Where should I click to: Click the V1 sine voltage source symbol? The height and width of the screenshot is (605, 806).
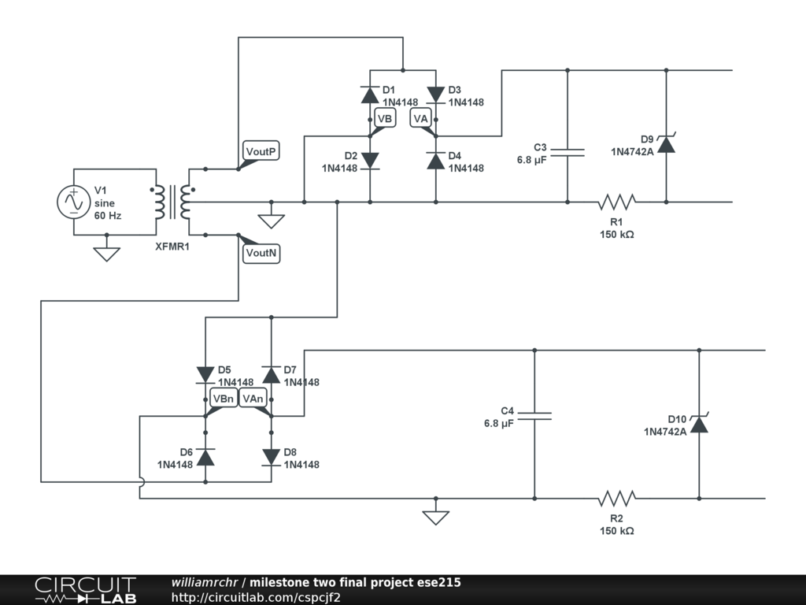(x=73, y=202)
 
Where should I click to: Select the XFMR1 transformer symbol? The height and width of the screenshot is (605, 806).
(x=172, y=202)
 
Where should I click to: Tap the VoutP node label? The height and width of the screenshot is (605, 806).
(x=261, y=151)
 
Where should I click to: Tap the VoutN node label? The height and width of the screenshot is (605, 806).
(x=261, y=253)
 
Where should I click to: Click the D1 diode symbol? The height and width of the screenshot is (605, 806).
(x=370, y=95)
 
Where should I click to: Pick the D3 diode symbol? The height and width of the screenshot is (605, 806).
(x=436, y=95)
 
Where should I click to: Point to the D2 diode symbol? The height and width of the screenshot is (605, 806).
(x=370, y=161)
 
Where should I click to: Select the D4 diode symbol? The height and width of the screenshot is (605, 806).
(x=436, y=161)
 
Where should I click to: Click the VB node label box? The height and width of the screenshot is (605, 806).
(x=385, y=118)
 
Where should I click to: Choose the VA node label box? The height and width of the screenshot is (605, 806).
(x=420, y=118)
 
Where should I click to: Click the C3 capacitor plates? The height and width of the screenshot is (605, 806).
(x=568, y=152)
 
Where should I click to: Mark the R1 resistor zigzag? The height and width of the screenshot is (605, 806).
(x=617, y=202)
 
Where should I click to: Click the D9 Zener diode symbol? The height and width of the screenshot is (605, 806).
(x=666, y=144)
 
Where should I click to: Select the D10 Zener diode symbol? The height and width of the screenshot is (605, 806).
(x=699, y=424)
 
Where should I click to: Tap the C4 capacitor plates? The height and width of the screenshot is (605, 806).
(x=534, y=416)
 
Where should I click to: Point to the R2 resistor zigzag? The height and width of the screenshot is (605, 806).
(x=617, y=499)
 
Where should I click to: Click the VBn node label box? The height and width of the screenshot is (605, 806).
(x=224, y=398)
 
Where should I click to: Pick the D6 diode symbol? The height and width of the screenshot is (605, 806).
(x=205, y=457)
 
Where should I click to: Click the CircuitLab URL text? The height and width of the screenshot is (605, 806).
(x=256, y=597)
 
